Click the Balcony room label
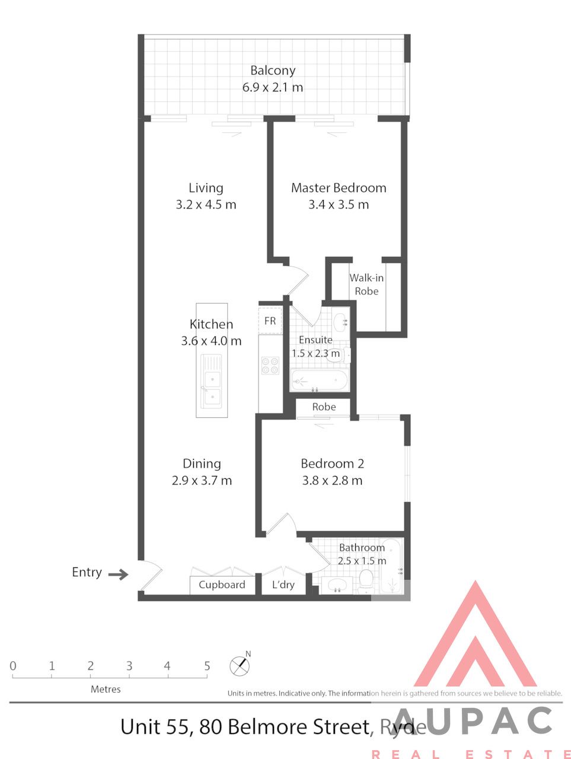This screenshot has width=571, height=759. click(273, 71)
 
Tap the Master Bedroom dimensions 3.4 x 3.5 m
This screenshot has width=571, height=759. click(338, 205)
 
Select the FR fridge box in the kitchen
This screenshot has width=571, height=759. click(270, 320)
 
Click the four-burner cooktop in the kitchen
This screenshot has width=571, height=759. click(270, 365)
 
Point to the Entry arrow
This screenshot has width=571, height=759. click(118, 574)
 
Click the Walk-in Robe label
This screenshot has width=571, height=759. click(366, 284)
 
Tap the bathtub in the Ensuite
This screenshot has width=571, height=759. click(318, 380)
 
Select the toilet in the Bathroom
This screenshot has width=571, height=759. click(365, 581)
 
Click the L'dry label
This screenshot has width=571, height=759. click(283, 585)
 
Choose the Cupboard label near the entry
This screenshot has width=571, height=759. click(222, 585)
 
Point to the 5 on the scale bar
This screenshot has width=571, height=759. click(207, 666)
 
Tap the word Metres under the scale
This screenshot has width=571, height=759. click(106, 689)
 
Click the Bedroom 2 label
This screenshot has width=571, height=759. click(332, 463)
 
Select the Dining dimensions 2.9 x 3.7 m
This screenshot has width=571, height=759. click(202, 481)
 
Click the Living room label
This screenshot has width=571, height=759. click(206, 188)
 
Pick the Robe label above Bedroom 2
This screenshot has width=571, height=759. click(324, 407)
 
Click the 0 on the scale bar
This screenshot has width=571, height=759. click(13, 666)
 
